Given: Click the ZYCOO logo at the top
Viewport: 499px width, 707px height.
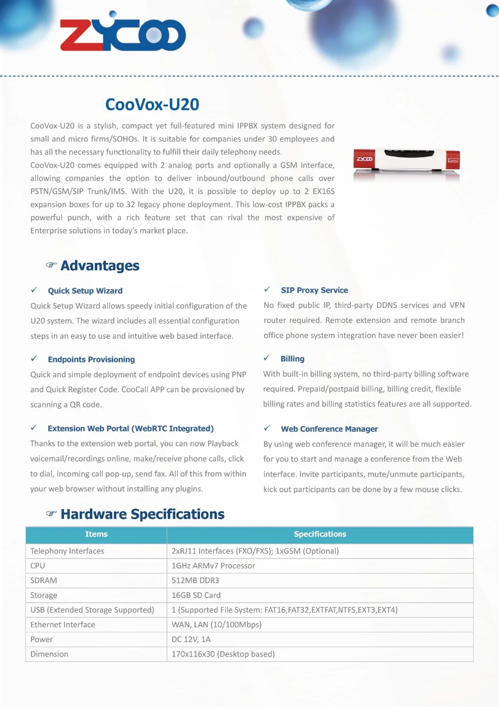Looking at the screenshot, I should pyautogui.click(x=123, y=34).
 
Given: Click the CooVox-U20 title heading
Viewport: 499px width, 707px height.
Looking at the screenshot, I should pyautogui.click(x=152, y=105).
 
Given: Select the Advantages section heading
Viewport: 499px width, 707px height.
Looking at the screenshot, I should pyautogui.click(x=100, y=266).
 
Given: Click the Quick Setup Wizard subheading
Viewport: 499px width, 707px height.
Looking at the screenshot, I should pyautogui.click(x=85, y=291).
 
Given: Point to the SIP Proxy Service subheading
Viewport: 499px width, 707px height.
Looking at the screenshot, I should pyautogui.click(x=314, y=290).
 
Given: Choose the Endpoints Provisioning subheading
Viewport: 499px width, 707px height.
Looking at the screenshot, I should pyautogui.click(x=91, y=359).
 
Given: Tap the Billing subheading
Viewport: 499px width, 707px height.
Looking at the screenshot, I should pyautogui.click(x=292, y=359).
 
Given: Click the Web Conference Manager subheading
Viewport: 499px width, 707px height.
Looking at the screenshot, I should pyautogui.click(x=329, y=429).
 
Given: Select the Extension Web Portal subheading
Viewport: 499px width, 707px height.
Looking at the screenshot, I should pyautogui.click(x=131, y=428).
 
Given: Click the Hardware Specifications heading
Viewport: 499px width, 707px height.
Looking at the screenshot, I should pyautogui.click(x=143, y=514).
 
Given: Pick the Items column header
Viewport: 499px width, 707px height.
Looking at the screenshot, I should pyautogui.click(x=96, y=534).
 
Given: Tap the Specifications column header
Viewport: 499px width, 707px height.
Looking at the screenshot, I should pyautogui.click(x=320, y=534).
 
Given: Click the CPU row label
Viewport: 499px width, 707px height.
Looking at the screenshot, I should pyautogui.click(x=38, y=566).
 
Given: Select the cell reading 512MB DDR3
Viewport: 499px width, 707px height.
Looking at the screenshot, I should pyautogui.click(x=195, y=580).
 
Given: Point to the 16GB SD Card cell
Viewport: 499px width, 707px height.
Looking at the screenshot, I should pyautogui.click(x=196, y=595).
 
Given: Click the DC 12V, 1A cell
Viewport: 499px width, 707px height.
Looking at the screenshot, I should pyautogui.click(x=191, y=639).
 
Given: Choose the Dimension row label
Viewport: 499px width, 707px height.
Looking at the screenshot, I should pyautogui.click(x=49, y=654).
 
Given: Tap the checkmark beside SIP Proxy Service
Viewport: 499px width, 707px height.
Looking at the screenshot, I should pyautogui.click(x=267, y=290).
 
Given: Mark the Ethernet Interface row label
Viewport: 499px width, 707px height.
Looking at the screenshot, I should pyautogui.click(x=63, y=625).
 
